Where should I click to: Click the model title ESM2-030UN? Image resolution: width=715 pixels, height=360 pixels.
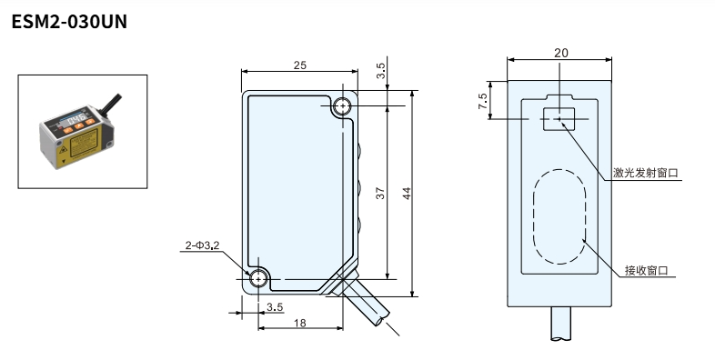(69, 22)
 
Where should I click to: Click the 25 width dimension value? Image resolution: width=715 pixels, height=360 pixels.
(299, 65)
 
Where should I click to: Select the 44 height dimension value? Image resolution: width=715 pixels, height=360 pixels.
(407, 194)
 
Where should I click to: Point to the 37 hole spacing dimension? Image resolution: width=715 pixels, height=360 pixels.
(380, 194)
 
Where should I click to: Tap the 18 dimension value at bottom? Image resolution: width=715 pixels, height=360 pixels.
(299, 323)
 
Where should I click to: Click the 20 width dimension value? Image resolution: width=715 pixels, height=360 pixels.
(561, 53)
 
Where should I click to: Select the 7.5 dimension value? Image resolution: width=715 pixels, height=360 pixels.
(482, 101)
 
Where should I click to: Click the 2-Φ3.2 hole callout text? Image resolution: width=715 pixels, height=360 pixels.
(203, 245)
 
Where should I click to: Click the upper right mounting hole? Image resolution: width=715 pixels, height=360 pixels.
(342, 106)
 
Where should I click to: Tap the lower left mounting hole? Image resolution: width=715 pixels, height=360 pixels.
(258, 278)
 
